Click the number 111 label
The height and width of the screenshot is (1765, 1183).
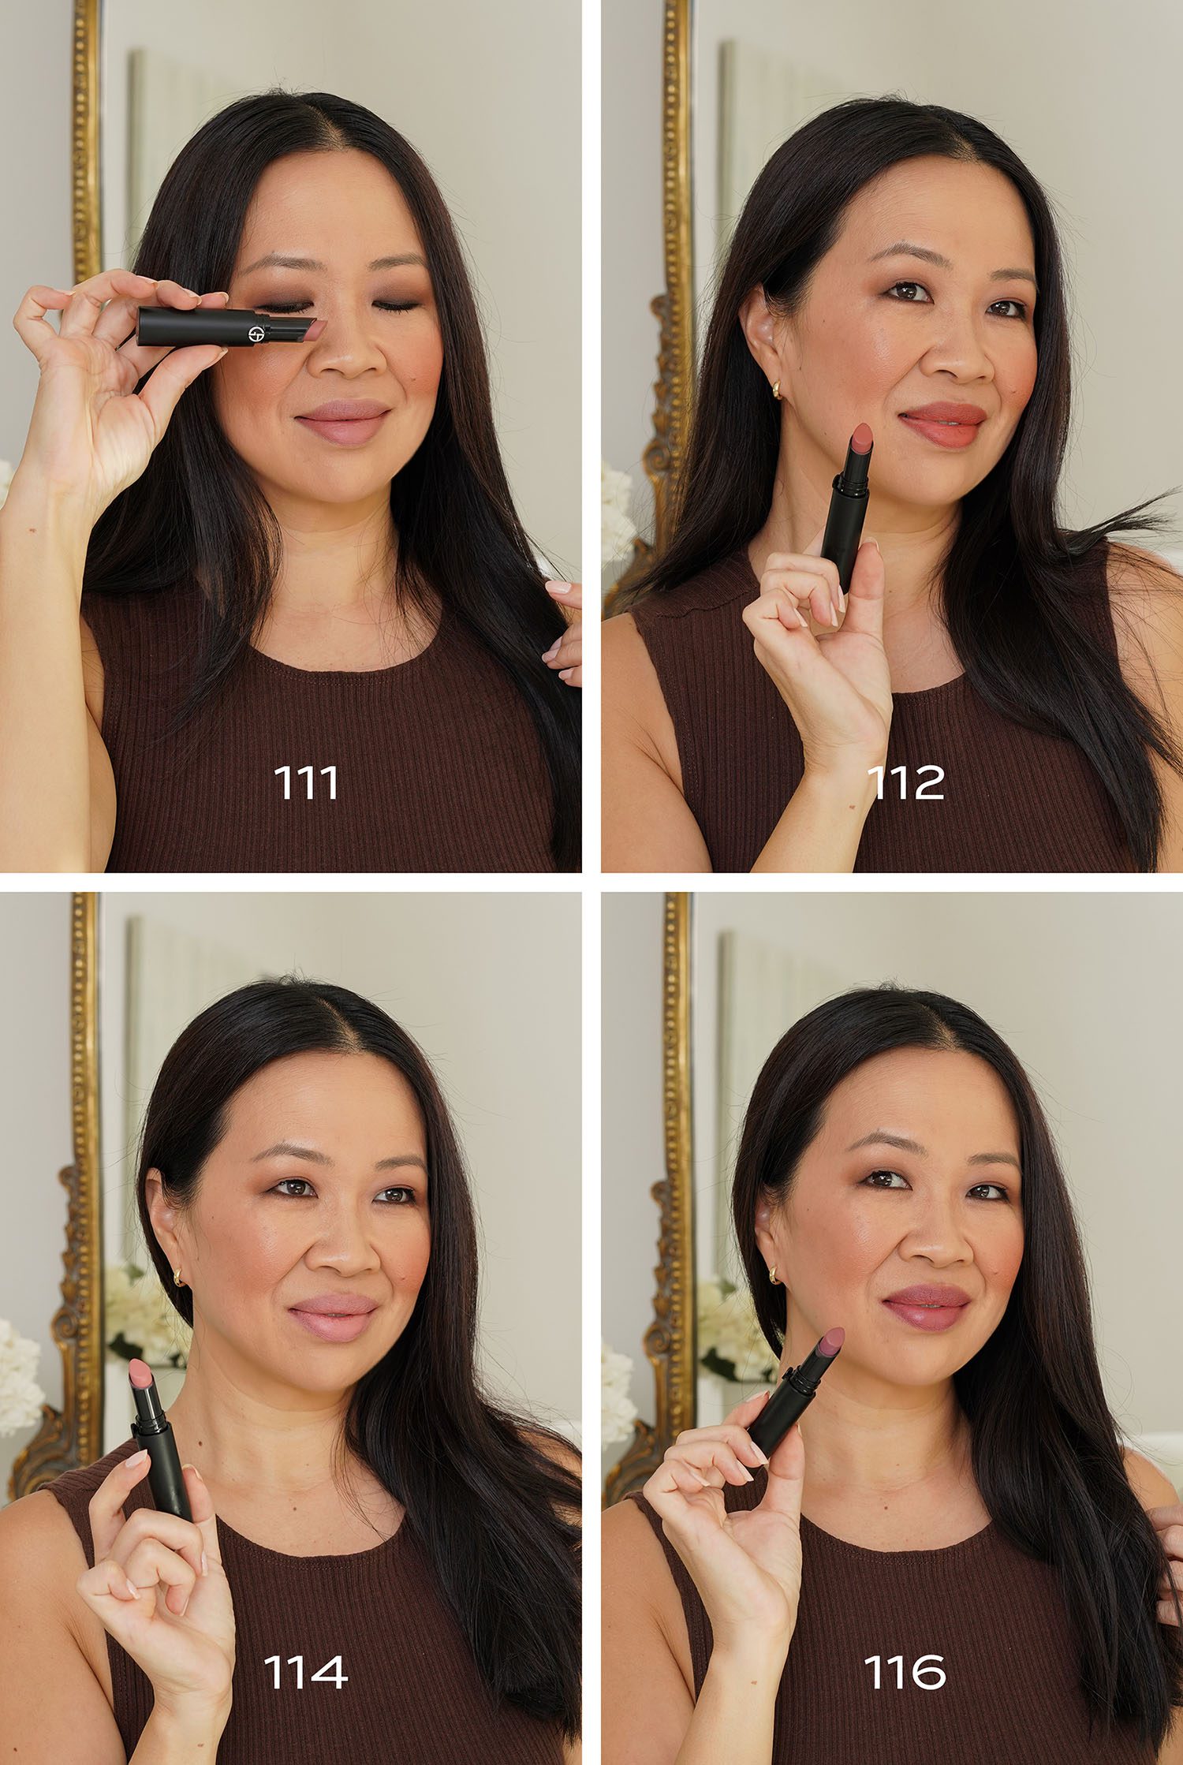pyautogui.click(x=306, y=782)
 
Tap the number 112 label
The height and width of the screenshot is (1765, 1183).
pyautogui.click(x=905, y=782)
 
